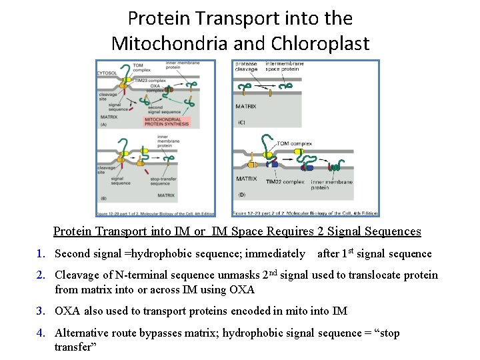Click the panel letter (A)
(x=103, y=124)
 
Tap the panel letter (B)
(x=103, y=197)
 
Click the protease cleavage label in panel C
(x=246, y=67)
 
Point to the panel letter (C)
(x=241, y=123)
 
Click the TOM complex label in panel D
(x=294, y=143)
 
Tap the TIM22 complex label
(x=285, y=182)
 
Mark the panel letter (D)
(x=241, y=194)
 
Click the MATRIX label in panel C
(x=246, y=106)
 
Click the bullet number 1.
(x=41, y=253)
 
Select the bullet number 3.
(x=41, y=311)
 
